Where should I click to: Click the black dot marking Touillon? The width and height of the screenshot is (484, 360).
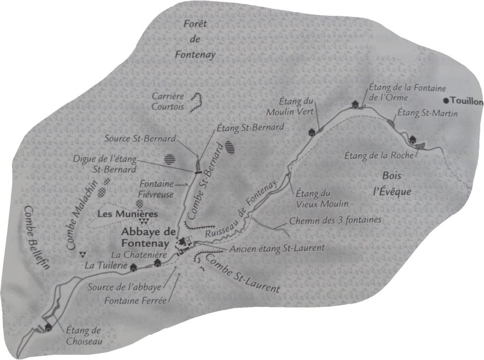click(x=446, y=101)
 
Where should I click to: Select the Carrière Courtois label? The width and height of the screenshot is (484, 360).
click(x=167, y=101)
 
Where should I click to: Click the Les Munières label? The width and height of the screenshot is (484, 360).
click(x=128, y=214)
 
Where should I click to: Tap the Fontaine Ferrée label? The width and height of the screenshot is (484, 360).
click(x=135, y=301)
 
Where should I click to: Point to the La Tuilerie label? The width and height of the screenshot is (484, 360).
click(x=105, y=266)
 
